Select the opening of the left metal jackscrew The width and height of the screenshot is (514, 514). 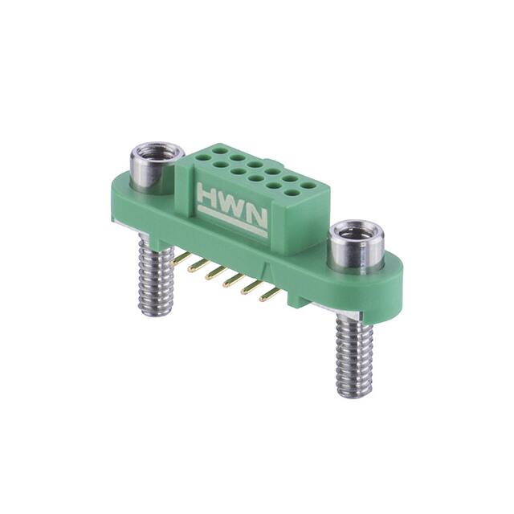click(150, 150)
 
